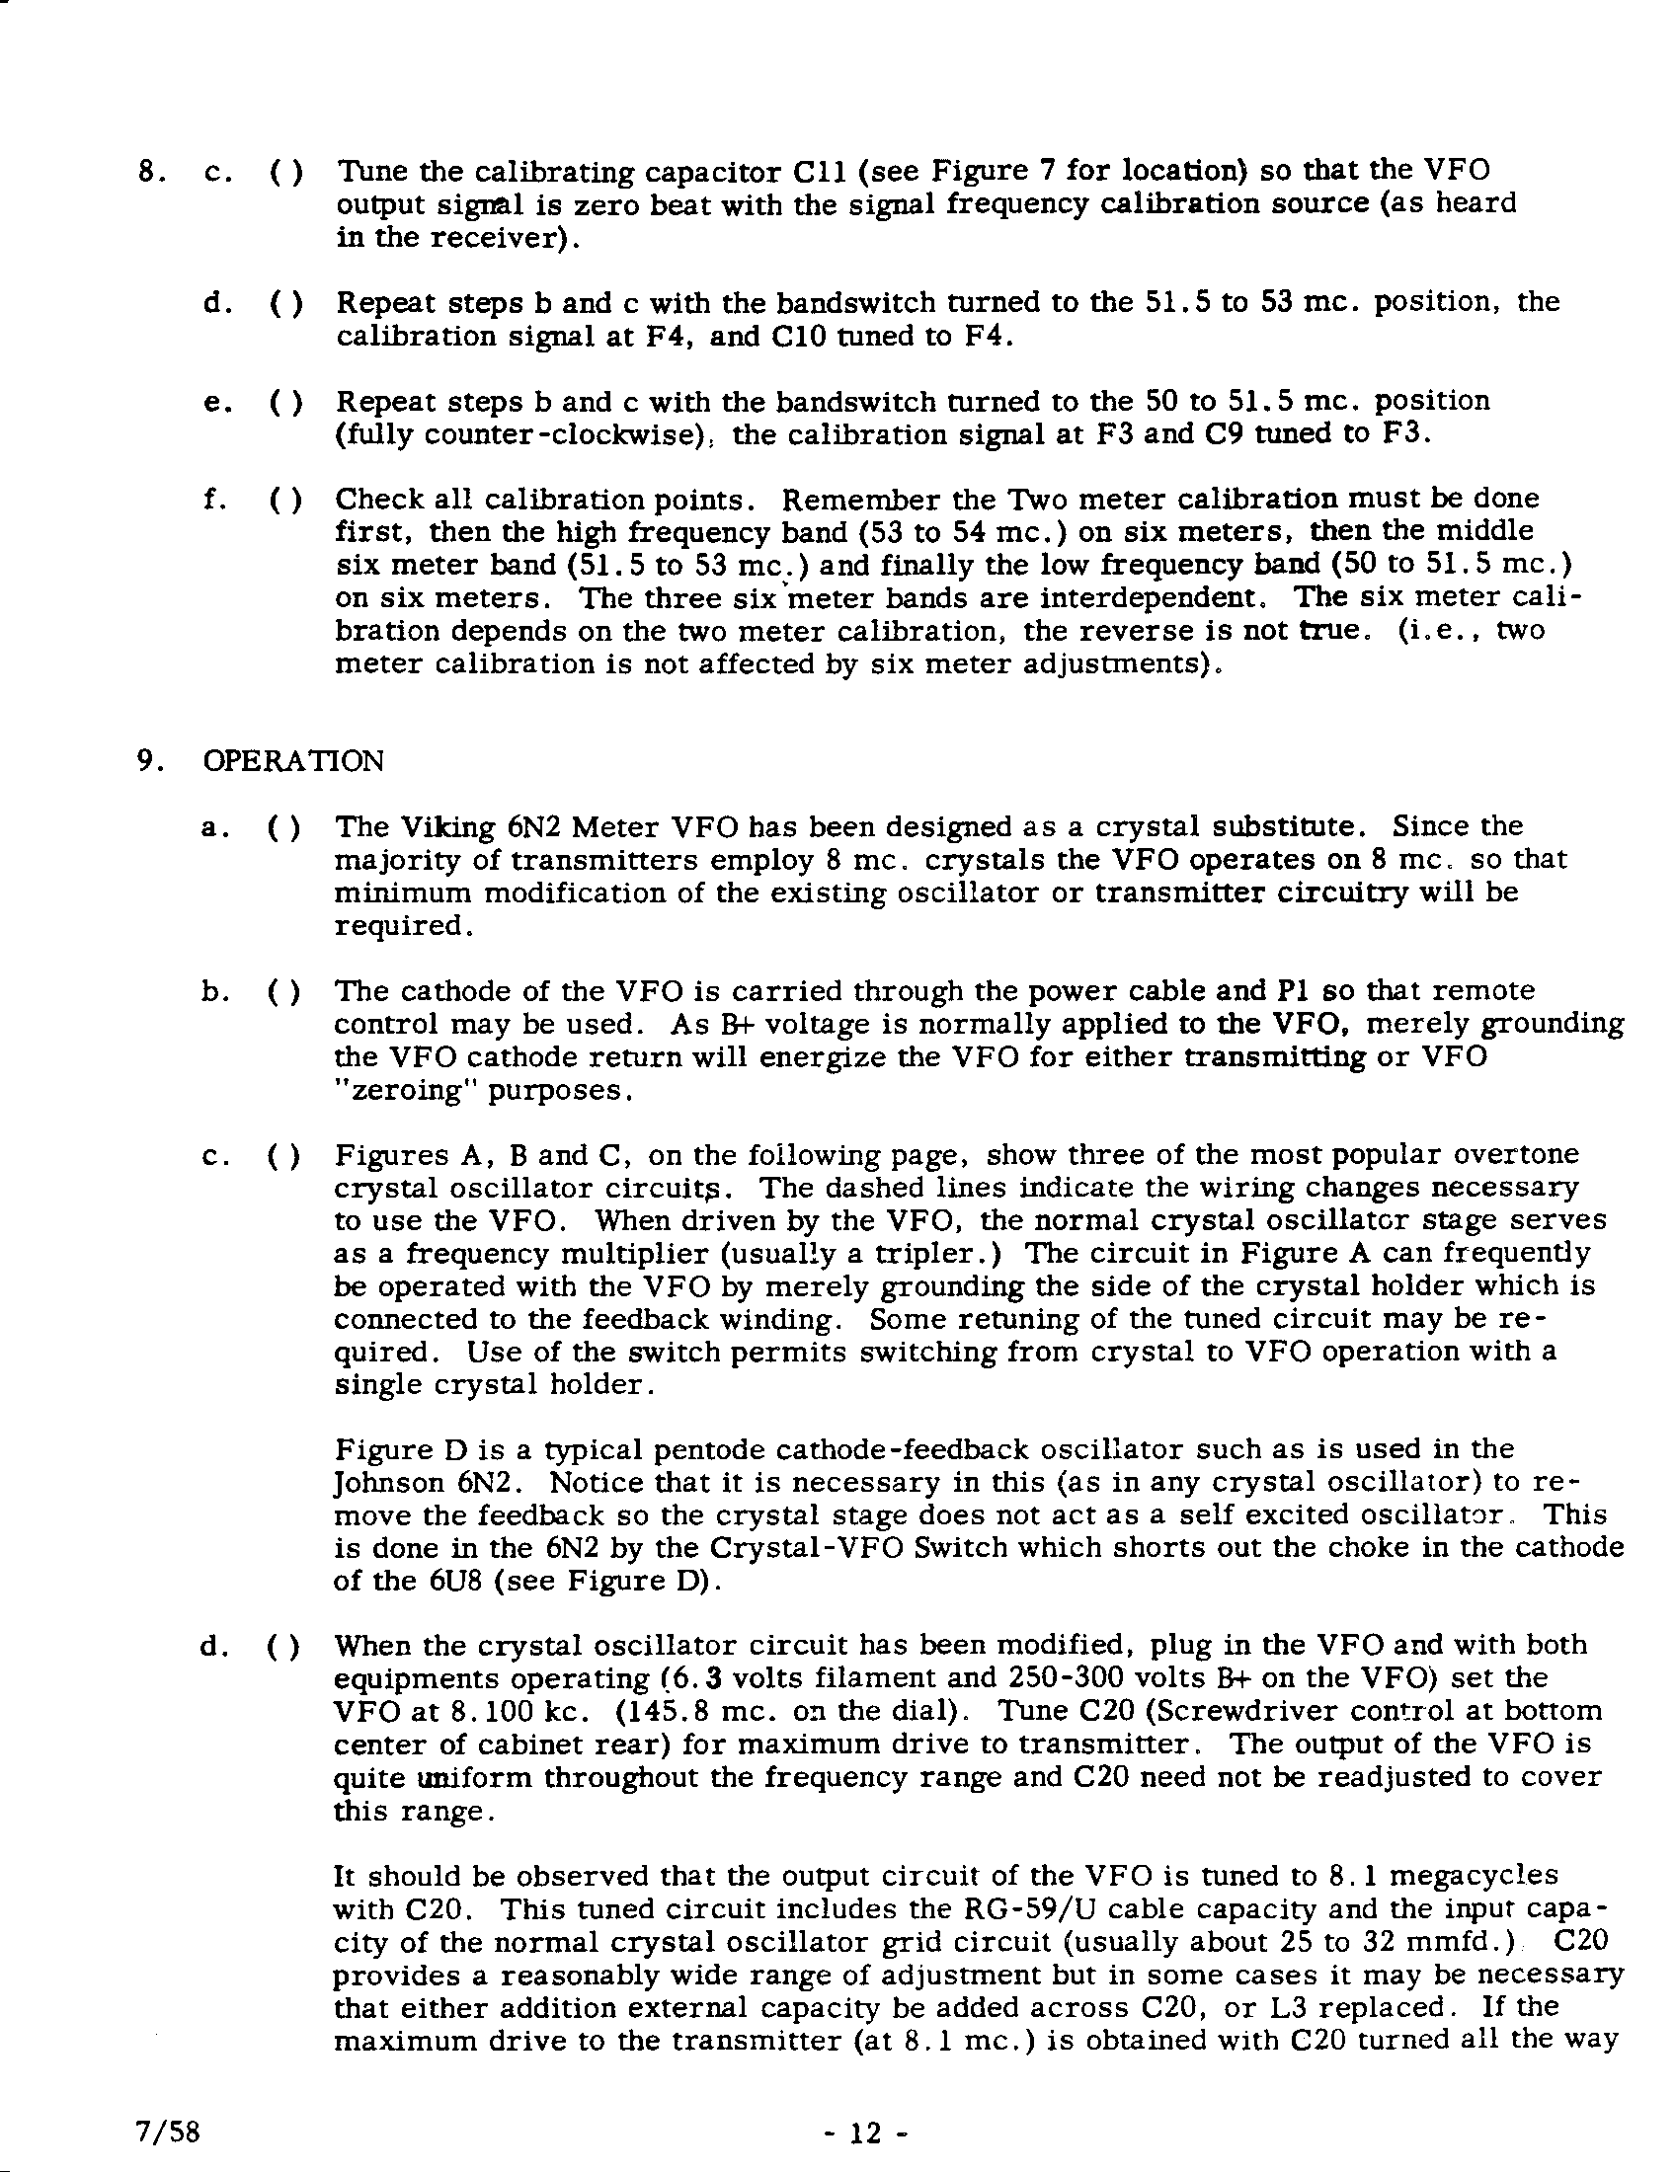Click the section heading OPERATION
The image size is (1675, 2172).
pyautogui.click(x=292, y=761)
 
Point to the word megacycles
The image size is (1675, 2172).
pyautogui.click(x=1472, y=1876)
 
